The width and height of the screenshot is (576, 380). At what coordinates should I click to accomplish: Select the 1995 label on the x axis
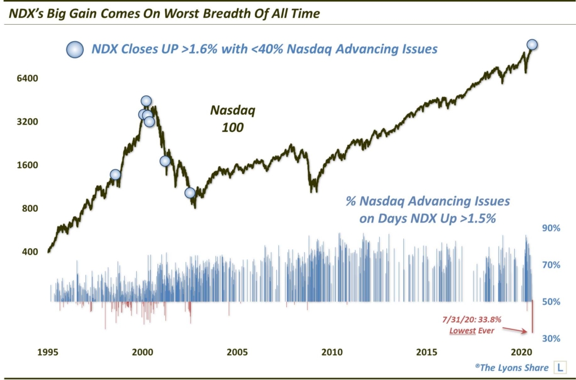(x=48, y=352)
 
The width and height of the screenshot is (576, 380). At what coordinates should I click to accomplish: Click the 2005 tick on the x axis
(x=237, y=352)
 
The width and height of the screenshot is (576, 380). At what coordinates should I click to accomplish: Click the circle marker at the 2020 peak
(x=532, y=44)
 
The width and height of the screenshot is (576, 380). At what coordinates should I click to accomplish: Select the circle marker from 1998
(x=115, y=175)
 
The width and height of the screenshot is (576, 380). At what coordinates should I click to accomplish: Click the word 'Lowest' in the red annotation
(x=462, y=330)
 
